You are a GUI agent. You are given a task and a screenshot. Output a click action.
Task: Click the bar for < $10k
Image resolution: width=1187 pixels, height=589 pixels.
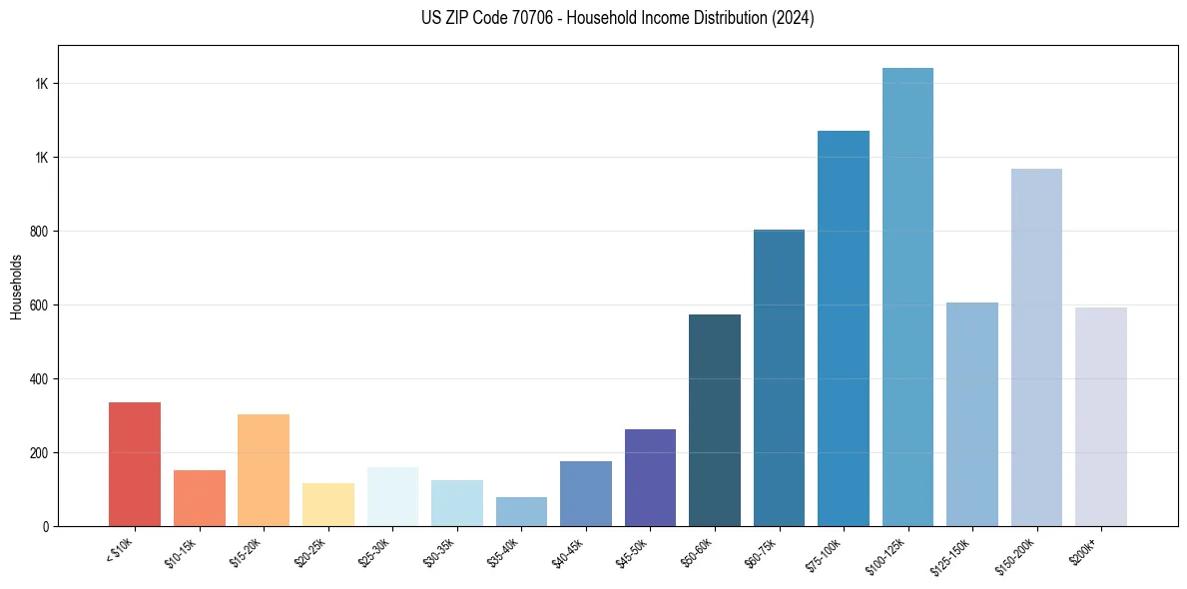134,464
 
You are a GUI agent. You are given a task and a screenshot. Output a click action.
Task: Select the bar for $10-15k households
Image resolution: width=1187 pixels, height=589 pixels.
199,498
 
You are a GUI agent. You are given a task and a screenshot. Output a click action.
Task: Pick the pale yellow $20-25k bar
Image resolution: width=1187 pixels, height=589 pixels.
327,505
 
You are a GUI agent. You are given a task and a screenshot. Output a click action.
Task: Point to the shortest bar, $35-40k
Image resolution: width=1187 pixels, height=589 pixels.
521,512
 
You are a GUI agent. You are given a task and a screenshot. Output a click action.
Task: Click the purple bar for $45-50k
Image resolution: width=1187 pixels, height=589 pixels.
650,478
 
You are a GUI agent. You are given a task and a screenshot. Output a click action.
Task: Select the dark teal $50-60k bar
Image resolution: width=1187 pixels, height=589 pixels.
715,420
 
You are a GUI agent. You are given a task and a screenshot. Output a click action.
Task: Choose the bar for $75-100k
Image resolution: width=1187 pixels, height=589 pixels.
844,328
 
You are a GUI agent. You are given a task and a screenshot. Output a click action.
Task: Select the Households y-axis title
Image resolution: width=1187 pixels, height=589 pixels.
16,286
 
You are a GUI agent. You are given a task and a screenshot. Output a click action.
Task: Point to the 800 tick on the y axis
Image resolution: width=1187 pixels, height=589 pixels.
39,232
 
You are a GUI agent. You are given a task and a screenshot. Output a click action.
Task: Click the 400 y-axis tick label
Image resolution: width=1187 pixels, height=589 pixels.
39,379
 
